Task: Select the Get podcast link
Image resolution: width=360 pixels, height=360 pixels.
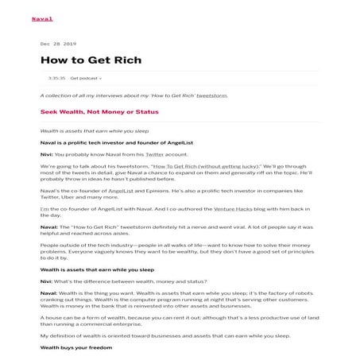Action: tap(86, 79)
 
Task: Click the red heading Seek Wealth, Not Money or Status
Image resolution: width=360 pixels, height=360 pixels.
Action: tap(99, 113)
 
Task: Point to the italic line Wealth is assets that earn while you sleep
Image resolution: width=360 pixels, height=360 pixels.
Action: tap(94, 130)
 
